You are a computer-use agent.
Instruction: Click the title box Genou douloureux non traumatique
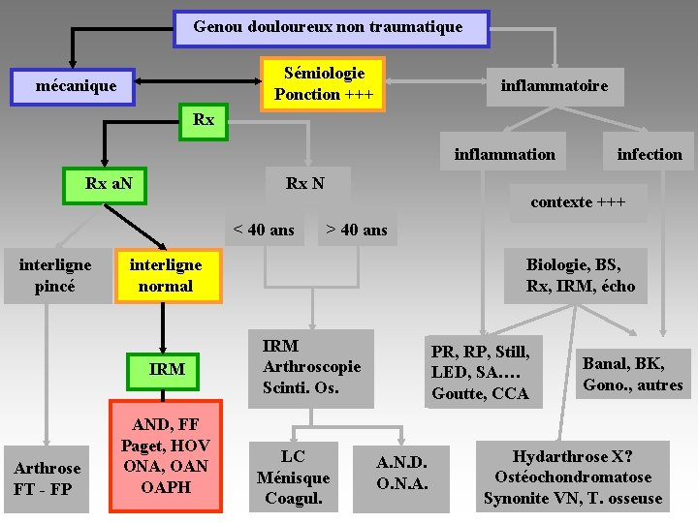click(x=331, y=28)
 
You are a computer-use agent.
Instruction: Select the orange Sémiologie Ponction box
click(x=324, y=83)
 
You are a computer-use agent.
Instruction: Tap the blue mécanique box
click(x=76, y=86)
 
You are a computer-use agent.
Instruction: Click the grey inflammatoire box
click(x=554, y=86)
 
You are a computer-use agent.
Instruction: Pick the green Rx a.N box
click(x=104, y=184)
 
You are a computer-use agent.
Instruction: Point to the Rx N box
click(x=305, y=183)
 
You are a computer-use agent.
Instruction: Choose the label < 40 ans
click(x=264, y=230)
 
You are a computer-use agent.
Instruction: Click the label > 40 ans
click(x=356, y=230)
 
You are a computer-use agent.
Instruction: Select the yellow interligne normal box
click(x=166, y=275)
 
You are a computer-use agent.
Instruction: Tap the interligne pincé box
click(x=56, y=275)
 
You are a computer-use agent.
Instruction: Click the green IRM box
click(x=167, y=369)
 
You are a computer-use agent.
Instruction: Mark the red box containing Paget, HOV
click(x=166, y=455)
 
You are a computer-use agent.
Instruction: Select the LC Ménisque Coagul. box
click(x=293, y=477)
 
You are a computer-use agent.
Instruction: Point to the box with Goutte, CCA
click(x=481, y=372)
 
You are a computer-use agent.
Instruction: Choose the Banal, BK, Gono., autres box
click(x=632, y=374)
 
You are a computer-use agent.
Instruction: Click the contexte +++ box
click(x=577, y=202)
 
